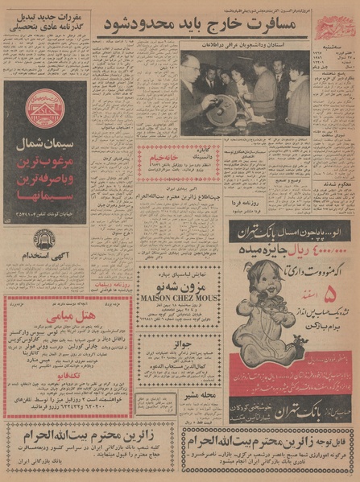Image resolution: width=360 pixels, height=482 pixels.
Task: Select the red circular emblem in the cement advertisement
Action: point(45,109)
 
